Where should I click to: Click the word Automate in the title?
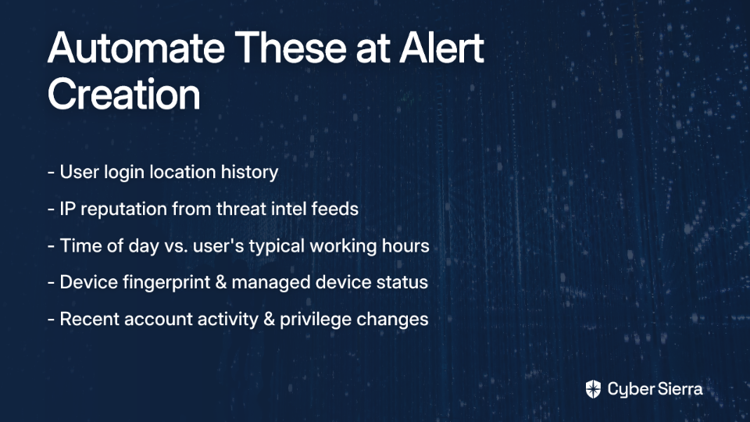pos(136,48)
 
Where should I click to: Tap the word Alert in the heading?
pos(442,48)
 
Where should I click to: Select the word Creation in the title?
pos(124,94)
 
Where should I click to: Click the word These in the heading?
pos(291,48)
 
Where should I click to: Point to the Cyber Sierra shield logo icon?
pos(593,389)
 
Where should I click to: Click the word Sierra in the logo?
pos(679,389)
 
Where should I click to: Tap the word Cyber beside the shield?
pos(629,390)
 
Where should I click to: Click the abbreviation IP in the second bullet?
pos(67,209)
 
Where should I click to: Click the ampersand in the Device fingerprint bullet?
pos(221,282)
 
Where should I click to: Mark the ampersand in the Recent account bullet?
pos(270,319)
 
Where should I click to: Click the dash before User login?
pos(52,173)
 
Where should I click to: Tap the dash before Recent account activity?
pos(52,320)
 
